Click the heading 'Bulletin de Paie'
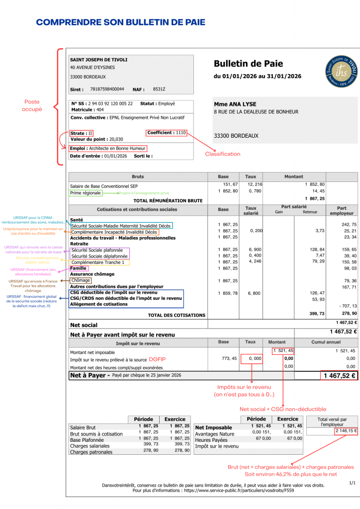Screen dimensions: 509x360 click(248, 64)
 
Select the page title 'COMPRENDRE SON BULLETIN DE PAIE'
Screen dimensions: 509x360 click(120, 22)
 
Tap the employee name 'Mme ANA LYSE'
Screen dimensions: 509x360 click(235, 104)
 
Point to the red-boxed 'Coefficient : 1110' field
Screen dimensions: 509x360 click(167, 133)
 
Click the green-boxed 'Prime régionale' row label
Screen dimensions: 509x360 click(86, 193)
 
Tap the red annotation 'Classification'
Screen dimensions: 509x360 click(222, 154)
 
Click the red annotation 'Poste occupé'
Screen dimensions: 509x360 click(32, 105)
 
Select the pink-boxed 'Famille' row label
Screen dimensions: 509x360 click(79, 268)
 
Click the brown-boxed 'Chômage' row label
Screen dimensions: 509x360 click(80, 280)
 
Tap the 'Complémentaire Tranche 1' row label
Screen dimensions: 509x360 click(98, 262)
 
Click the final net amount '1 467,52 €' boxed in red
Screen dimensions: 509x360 click(340, 375)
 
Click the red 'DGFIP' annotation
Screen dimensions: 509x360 click(157, 358)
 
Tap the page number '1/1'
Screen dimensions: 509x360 click(352, 482)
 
